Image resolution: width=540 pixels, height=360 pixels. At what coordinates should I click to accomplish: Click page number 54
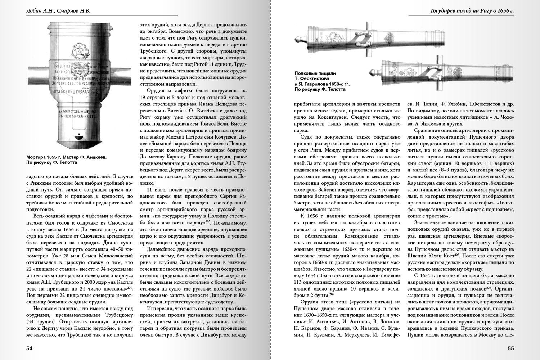(30, 348)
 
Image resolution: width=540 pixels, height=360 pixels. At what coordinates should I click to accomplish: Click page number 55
(510, 348)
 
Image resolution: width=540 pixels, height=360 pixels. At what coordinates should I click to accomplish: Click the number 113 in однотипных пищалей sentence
(298, 289)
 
